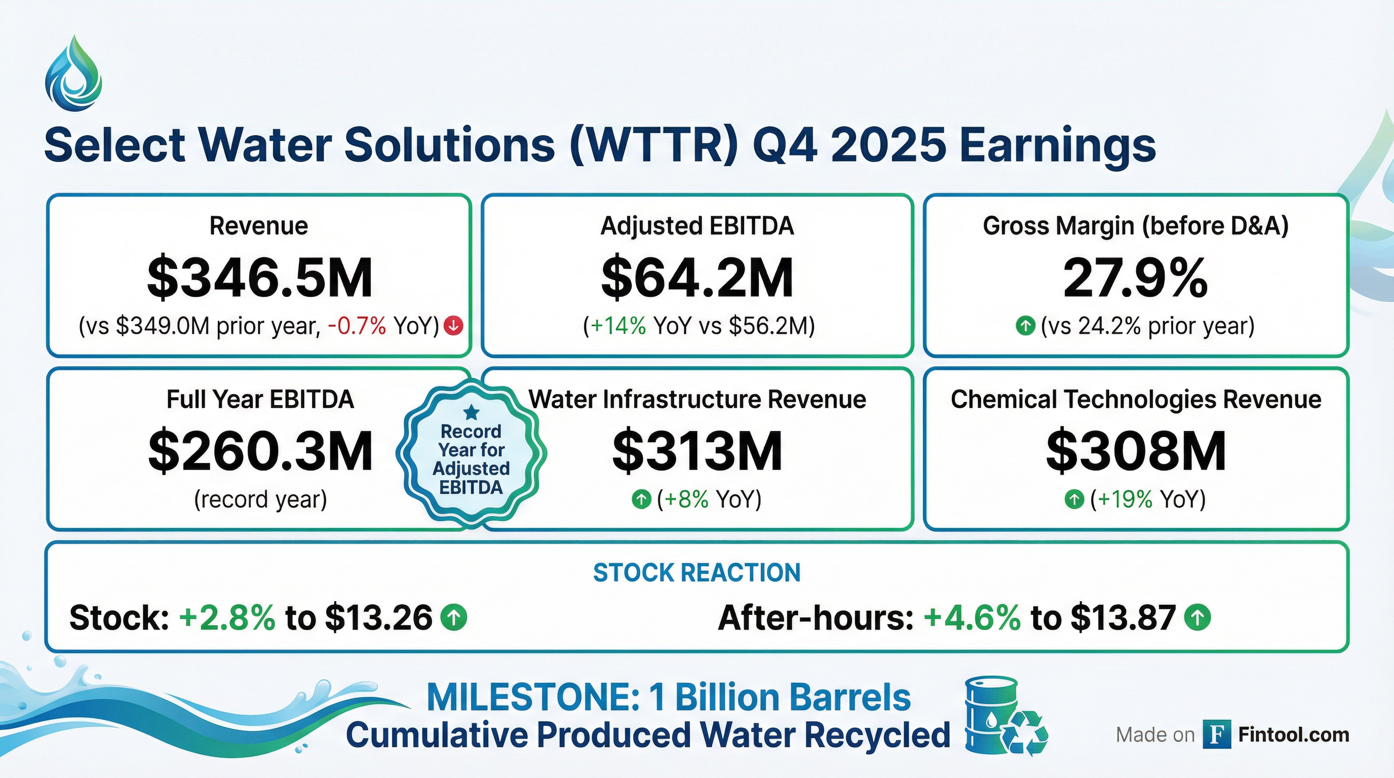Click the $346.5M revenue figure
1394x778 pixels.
260,278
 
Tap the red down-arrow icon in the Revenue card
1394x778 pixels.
453,326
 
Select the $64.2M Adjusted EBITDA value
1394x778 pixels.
697,278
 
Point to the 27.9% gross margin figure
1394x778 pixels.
1135,278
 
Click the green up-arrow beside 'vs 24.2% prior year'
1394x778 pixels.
1025,326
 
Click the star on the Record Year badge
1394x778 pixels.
472,412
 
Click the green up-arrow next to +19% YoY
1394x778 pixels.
1074,499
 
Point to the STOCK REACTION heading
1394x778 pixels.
697,572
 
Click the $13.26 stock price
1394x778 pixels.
379,617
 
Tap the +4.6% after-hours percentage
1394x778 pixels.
973,617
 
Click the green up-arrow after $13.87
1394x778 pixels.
1197,617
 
